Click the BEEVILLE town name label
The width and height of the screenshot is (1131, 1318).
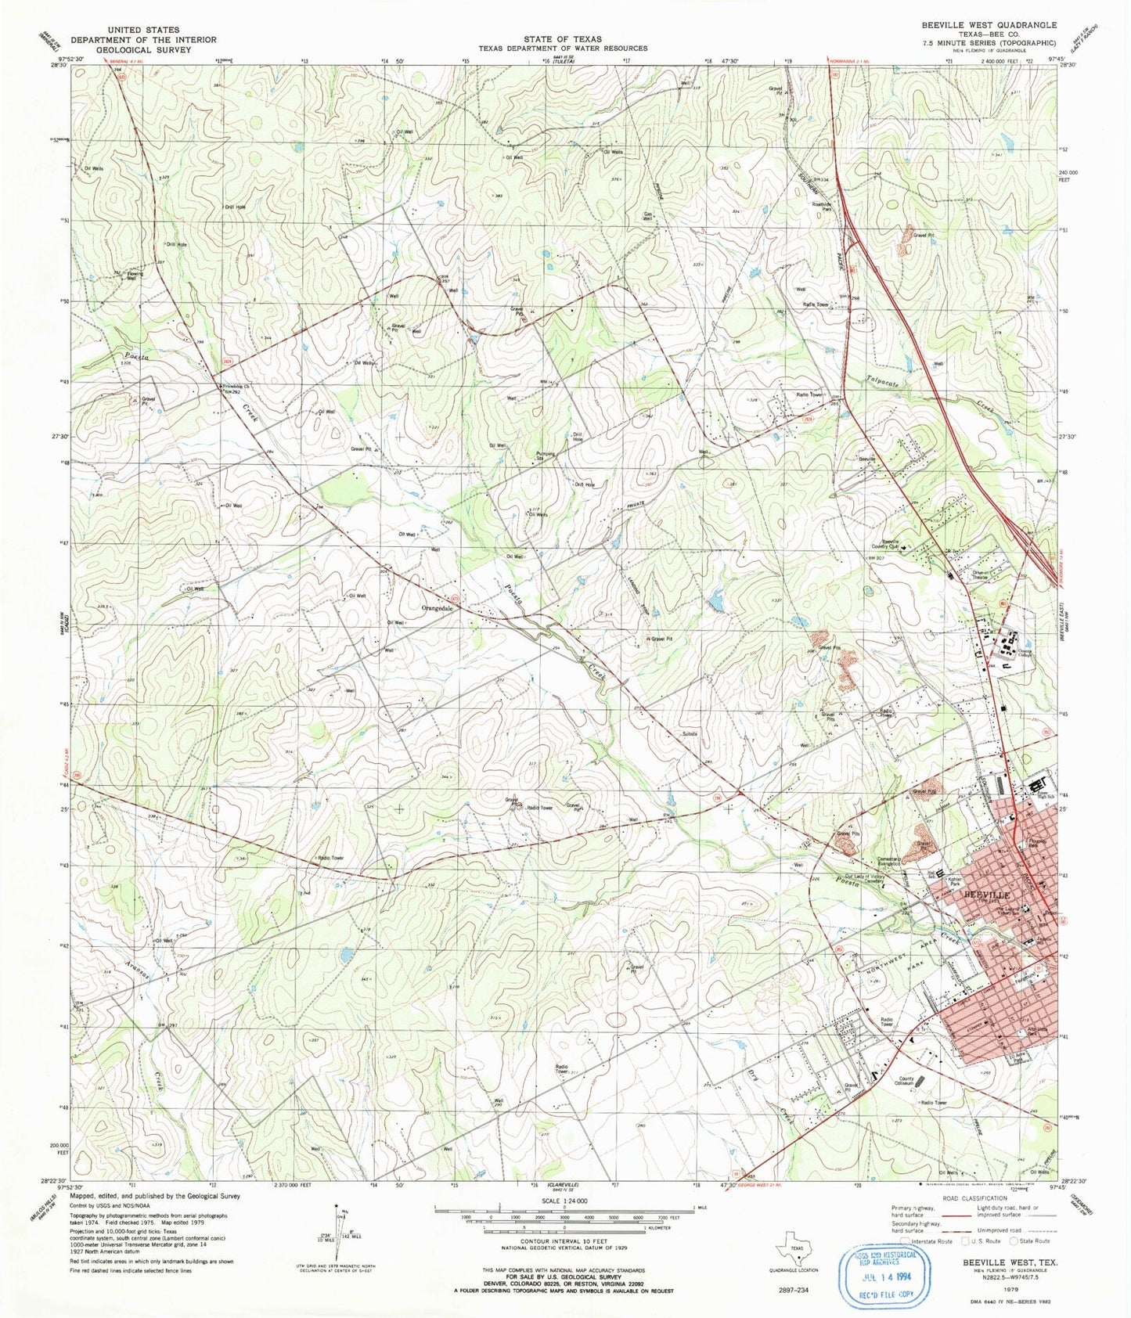click(x=987, y=894)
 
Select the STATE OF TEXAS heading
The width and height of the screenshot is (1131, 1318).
click(x=563, y=39)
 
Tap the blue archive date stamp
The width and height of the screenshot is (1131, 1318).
click(x=886, y=1277)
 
